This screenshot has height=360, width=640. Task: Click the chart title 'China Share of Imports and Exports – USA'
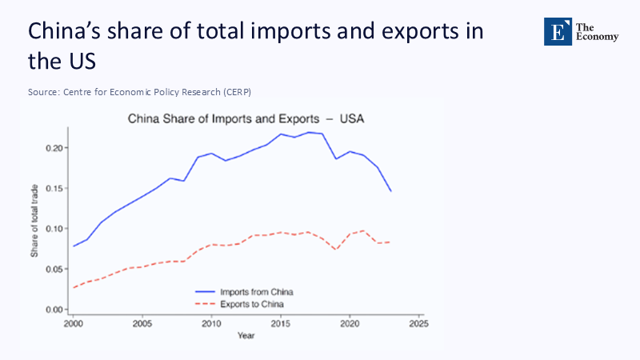(x=246, y=118)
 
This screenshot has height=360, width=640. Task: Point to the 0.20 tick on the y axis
(x=54, y=148)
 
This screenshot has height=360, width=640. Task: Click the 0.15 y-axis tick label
(x=54, y=189)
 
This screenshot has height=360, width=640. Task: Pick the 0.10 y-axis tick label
(x=54, y=229)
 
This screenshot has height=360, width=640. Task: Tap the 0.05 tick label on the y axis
(x=54, y=270)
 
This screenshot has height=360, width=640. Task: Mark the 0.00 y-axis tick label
(x=54, y=310)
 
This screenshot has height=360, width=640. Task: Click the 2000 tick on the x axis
(x=73, y=324)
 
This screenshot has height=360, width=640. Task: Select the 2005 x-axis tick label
(x=142, y=324)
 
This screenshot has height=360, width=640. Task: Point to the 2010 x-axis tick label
(x=211, y=324)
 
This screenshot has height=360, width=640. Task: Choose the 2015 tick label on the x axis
(x=280, y=324)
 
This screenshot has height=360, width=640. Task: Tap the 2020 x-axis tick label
(x=349, y=324)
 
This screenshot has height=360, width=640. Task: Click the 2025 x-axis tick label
(x=418, y=324)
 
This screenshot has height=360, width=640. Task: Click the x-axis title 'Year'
(x=246, y=335)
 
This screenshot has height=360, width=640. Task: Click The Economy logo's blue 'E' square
(x=558, y=31)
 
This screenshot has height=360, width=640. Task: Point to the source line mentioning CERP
(x=145, y=92)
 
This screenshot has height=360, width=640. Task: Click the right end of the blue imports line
(x=390, y=191)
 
